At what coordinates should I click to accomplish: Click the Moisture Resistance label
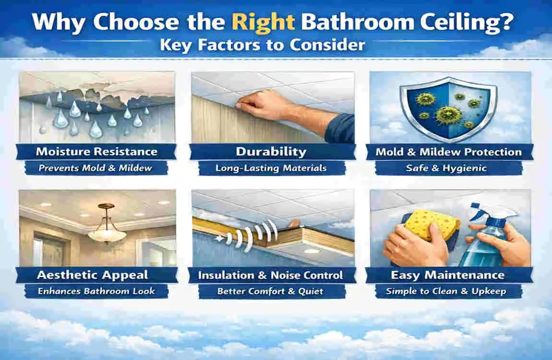(96, 152)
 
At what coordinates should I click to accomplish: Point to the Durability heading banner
(271, 152)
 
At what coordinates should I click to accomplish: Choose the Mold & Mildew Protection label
(448, 152)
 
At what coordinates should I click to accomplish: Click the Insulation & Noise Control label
(271, 275)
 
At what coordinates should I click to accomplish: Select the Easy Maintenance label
(448, 275)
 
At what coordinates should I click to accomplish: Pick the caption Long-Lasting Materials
(271, 168)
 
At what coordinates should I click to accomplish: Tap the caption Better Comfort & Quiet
(270, 291)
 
